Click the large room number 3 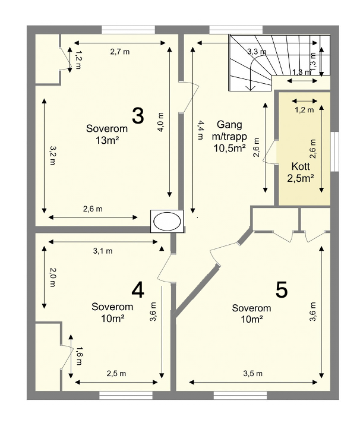[138, 116]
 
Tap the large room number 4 [138, 290]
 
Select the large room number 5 [282, 290]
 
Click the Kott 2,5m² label [301, 172]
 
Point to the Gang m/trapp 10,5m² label [229, 136]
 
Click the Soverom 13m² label [107, 134]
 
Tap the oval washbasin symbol [167, 222]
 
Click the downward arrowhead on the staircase [250, 88]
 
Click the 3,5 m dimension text [252, 374]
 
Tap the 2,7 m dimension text [120, 52]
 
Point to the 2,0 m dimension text [52, 277]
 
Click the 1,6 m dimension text [79, 356]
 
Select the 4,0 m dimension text [160, 122]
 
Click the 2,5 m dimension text [116, 374]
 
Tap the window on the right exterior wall [335, 152]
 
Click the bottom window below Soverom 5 [240, 395]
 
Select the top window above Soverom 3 [128, 30]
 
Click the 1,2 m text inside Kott [305, 110]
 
